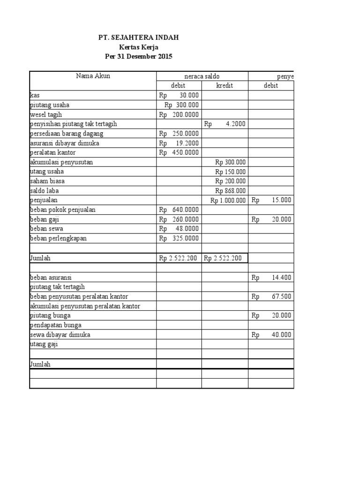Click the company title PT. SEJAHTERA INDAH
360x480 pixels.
[138, 37]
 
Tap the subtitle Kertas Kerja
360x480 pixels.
[138, 47]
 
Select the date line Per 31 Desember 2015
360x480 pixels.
[138, 57]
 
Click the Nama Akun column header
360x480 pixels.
[93, 76]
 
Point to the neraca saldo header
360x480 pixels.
[202, 76]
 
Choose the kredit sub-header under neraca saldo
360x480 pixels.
[225, 86]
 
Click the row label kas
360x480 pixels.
[34, 95]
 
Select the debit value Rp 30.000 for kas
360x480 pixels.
[179, 95]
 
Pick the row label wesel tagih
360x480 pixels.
[46, 114]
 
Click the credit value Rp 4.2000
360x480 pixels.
[225, 124]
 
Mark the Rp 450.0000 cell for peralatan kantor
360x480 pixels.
[179, 152]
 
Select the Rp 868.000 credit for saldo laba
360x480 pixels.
[230, 191]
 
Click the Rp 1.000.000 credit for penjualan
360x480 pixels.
[228, 200]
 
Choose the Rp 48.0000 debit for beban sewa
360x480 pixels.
[179, 229]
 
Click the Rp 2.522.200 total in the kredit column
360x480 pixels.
[225, 258]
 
